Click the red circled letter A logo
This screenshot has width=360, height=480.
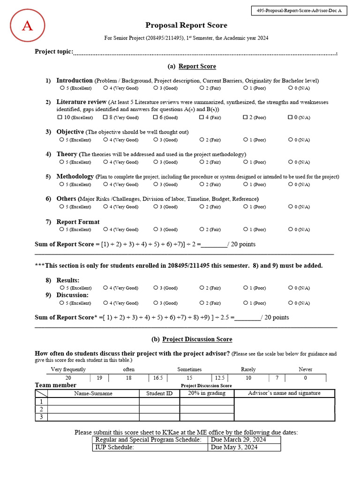coord(27,26)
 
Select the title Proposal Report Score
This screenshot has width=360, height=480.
coord(186,25)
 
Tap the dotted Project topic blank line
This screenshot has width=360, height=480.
coord(204,52)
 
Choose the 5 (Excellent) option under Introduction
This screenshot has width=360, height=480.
coord(62,88)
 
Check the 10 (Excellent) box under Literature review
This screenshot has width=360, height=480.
coord(60,117)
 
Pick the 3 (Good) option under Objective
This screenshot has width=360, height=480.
coord(156,139)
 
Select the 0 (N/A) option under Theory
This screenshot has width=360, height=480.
coord(291,162)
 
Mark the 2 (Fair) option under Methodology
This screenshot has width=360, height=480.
coord(202,184)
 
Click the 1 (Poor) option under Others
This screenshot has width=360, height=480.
coord(246,206)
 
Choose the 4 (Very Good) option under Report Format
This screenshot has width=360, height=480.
coord(106,229)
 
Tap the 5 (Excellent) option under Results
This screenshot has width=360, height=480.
coord(62,287)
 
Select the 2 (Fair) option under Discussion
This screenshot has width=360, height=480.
coord(202,302)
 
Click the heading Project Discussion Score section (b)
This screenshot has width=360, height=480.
coord(196,339)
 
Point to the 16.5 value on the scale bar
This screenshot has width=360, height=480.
coord(157,377)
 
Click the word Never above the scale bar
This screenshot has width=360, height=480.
coord(305,369)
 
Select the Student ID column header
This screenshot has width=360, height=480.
coord(159,393)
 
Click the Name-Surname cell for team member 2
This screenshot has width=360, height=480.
coord(93,409)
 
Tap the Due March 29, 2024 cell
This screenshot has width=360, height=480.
coord(244,440)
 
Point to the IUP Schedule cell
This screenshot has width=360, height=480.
coord(150,447)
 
